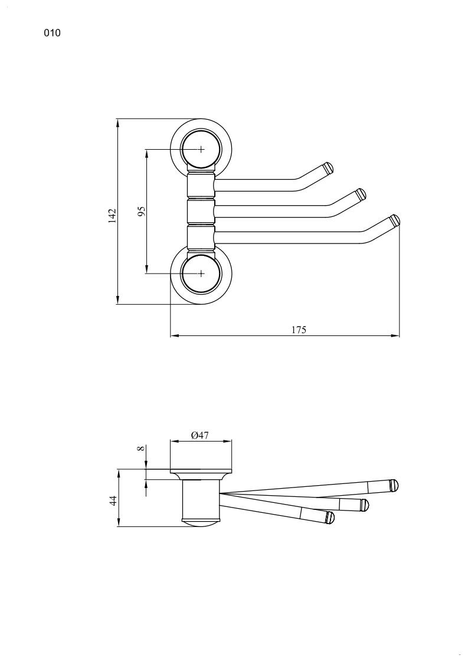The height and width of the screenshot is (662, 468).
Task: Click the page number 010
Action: [52, 34]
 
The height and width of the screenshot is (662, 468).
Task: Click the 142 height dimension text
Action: [112, 215]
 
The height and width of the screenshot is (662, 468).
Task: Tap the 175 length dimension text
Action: [299, 330]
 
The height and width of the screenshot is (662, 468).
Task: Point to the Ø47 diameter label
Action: [201, 435]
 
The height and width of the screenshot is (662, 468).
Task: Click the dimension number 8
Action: [140, 449]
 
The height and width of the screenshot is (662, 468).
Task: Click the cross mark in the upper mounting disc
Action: [201, 150]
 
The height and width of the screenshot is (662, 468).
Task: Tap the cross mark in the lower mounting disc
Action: [201, 274]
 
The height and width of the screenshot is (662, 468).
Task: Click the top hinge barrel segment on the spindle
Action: [200, 186]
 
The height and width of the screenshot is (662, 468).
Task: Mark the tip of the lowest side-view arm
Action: [330, 518]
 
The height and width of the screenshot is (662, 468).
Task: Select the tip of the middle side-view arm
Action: [364, 504]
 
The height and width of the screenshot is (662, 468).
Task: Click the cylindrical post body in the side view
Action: [200, 500]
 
